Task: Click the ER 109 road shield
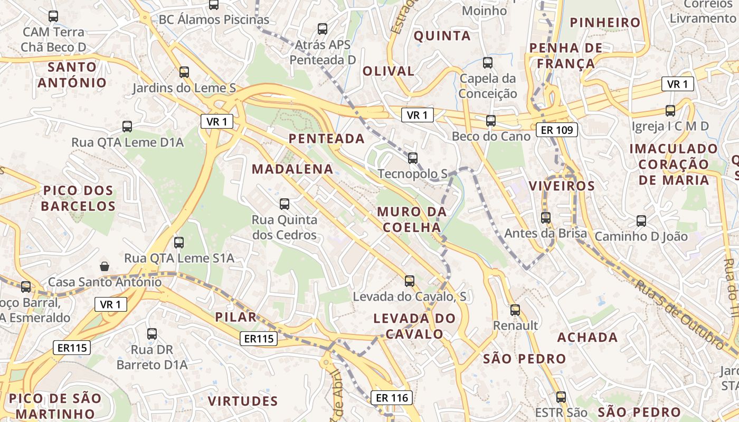pos(557,130)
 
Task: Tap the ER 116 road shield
pos(391,398)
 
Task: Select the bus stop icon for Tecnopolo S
pos(413,158)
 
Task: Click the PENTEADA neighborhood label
pos(327,139)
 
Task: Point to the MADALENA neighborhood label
pos(292,169)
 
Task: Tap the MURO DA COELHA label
pos(412,219)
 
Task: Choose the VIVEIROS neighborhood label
pos(562,186)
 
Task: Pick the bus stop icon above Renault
pos(515,310)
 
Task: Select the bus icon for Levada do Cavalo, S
pos(410,281)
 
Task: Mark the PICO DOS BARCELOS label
pos(78,198)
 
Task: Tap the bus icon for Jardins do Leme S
pos(184,72)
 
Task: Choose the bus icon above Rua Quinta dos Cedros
pos(285,204)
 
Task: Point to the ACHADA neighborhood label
pos(588,338)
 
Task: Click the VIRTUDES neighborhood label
pos(243,401)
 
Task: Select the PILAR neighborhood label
pos(236,317)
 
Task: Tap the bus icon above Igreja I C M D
pos(670,111)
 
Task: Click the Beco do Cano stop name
pos(491,137)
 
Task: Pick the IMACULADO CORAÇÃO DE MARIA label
pos(674,165)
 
